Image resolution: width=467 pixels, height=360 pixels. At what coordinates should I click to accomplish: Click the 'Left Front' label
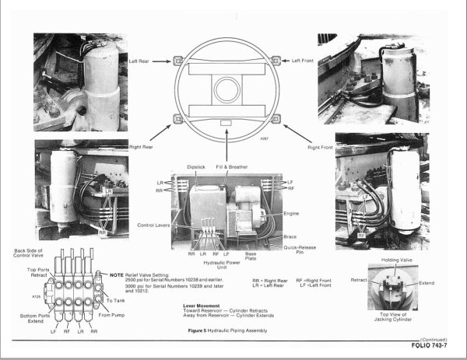(304, 61)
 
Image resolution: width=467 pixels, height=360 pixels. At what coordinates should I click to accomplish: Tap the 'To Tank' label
(115, 300)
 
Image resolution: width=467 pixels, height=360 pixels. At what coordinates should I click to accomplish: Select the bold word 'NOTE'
(118, 275)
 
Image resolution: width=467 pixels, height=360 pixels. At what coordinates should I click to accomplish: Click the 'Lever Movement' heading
(193, 306)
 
